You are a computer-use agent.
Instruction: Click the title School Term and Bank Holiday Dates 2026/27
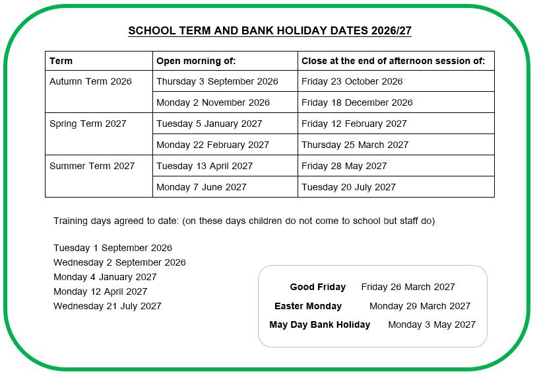click(x=270, y=31)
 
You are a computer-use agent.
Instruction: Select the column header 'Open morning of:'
click(x=196, y=61)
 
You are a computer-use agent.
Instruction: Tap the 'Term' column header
click(x=61, y=61)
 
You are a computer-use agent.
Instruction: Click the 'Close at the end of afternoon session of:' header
click(x=393, y=61)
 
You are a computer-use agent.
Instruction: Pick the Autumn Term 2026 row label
click(x=90, y=81)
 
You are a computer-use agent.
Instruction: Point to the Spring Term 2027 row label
click(x=88, y=124)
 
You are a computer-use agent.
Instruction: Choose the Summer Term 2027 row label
click(x=92, y=166)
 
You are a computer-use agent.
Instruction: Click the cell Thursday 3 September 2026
click(x=217, y=81)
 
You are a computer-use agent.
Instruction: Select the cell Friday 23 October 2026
click(x=352, y=81)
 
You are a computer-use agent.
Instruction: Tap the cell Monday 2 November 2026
click(x=213, y=102)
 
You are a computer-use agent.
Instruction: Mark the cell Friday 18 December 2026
click(x=357, y=102)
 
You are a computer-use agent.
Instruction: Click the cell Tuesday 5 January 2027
click(x=209, y=124)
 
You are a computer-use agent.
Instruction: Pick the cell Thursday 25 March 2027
click(x=355, y=145)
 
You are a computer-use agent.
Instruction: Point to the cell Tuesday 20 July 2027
click(x=348, y=187)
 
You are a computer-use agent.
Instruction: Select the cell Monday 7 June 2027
click(x=201, y=187)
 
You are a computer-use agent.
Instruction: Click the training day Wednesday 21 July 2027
click(x=108, y=306)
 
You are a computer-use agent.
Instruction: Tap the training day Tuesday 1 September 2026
click(x=113, y=248)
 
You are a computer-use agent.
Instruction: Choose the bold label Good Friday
click(x=317, y=287)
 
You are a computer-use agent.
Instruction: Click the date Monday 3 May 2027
click(x=431, y=324)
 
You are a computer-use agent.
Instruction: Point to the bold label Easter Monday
click(x=308, y=306)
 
